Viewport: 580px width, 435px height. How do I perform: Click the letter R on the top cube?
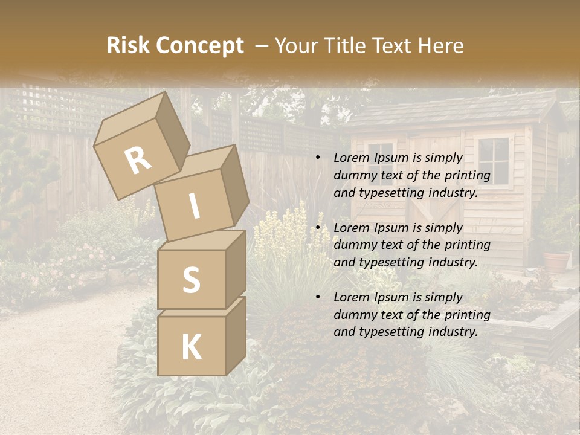[x=138, y=160]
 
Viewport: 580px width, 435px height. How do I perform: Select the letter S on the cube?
[x=191, y=280]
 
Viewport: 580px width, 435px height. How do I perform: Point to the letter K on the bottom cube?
[x=191, y=347]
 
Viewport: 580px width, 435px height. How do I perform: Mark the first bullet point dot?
[x=318, y=158]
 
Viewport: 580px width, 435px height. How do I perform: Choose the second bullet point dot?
[x=318, y=228]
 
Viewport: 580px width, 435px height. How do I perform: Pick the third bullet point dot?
[x=318, y=297]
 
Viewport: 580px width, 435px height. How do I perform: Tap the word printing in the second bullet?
[x=468, y=245]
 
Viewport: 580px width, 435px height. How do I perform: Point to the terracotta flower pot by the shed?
[x=556, y=262]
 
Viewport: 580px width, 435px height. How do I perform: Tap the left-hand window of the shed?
[x=381, y=157]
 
